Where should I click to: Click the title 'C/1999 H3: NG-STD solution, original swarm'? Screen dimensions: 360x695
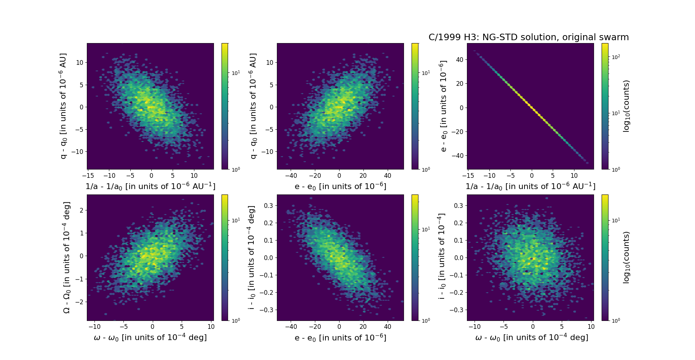528,37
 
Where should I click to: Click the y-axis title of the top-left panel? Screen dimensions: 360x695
63,106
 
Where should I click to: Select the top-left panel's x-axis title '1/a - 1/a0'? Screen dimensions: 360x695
150,186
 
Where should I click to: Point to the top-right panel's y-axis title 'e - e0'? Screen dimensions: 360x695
443,106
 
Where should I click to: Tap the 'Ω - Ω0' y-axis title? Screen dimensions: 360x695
67,258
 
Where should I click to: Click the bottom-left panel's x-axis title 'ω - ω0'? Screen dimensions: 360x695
150,338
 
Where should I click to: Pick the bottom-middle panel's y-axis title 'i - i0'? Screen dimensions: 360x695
252,258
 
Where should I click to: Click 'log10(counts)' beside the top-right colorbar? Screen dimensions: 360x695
627,106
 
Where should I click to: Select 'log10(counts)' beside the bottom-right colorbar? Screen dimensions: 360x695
627,258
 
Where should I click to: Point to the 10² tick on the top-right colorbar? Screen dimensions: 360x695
616,57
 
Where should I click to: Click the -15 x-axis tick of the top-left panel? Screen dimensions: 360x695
88,176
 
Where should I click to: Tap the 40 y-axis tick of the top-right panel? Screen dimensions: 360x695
459,60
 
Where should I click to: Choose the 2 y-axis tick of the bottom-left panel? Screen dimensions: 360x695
81,210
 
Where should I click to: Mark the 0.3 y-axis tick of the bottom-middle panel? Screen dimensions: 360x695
268,206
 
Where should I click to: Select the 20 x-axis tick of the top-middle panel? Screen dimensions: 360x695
363,176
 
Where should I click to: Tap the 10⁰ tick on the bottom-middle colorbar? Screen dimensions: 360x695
426,321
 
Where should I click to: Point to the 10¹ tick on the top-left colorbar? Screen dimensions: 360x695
236,73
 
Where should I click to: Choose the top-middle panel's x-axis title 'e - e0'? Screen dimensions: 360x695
340,186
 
